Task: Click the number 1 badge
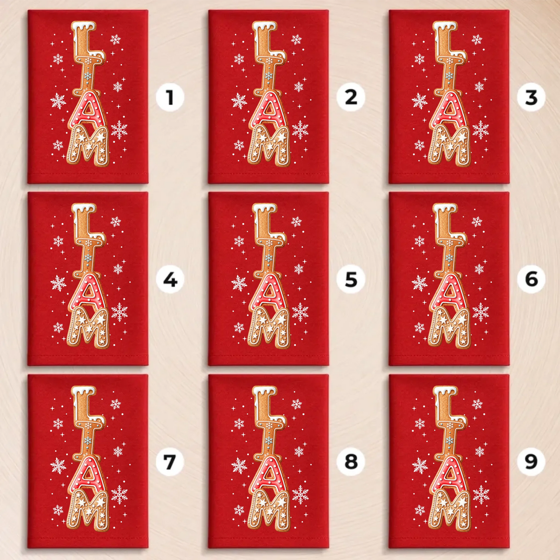pyautogui.click(x=170, y=97)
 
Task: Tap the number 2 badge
pyautogui.click(x=351, y=97)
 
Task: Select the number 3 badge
pyautogui.click(x=531, y=97)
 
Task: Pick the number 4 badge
pyautogui.click(x=170, y=279)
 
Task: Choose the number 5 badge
pyautogui.click(x=351, y=279)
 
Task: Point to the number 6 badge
pyautogui.click(x=531, y=279)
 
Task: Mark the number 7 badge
pyautogui.click(x=170, y=462)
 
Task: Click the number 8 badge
pyautogui.click(x=351, y=462)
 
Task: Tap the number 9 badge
pyautogui.click(x=531, y=462)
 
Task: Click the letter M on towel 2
pyautogui.click(x=269, y=146)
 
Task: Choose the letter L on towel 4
pyautogui.click(x=85, y=222)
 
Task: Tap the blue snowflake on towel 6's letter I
pyautogui.click(x=449, y=258)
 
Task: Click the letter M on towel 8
pyautogui.click(x=269, y=510)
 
